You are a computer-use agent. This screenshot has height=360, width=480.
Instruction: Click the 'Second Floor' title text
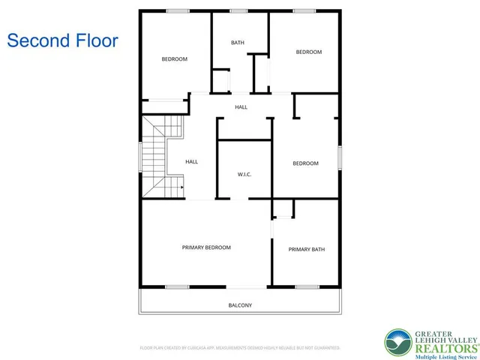[62, 40]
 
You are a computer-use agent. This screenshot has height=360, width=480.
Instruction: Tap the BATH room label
[238, 43]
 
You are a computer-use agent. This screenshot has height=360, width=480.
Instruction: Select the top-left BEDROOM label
[174, 58]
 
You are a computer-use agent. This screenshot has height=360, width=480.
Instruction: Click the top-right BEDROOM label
[308, 52]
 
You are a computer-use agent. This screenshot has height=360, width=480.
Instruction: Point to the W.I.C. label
[244, 175]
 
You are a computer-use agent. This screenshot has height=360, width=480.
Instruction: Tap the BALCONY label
[240, 305]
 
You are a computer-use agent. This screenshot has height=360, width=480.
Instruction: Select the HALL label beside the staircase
[192, 161]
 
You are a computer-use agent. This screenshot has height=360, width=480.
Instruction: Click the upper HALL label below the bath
[241, 107]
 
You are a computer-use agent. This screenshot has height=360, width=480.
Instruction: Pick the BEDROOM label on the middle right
[305, 163]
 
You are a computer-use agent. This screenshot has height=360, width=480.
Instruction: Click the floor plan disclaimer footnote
[240, 348]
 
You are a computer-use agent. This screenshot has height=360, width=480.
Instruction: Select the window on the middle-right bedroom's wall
[340, 157]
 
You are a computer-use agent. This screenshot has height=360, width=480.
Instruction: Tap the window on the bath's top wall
[239, 10]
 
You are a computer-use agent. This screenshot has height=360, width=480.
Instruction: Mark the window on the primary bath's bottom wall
[306, 286]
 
